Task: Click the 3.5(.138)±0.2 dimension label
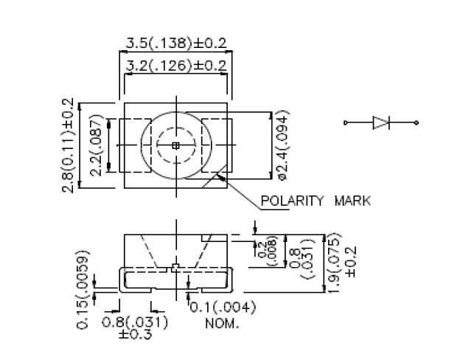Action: point(176,44)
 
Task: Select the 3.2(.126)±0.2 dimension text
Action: point(176,66)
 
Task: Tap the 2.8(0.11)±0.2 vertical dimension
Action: point(68,145)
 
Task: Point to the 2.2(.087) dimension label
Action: point(96,145)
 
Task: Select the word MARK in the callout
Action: point(352,201)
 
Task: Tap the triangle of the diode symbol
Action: point(380,122)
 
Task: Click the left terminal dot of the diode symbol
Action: point(346,122)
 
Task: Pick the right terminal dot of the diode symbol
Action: point(417,122)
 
